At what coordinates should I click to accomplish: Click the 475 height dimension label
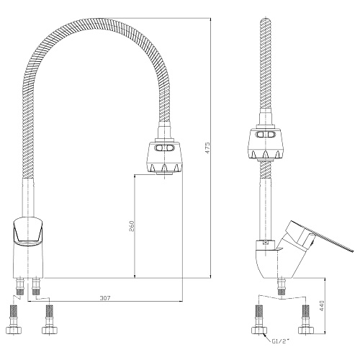[x=208, y=148]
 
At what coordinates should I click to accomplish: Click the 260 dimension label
[x=132, y=225]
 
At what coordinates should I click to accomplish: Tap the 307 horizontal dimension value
[x=105, y=298]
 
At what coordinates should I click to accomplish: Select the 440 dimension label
[x=322, y=305]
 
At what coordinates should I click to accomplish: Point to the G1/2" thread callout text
[x=280, y=341]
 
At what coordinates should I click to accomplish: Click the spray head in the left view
[x=164, y=157]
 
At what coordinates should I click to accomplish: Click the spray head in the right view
[x=266, y=143]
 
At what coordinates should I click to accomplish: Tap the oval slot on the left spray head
[x=164, y=148]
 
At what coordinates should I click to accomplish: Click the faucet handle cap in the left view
[x=28, y=232]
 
